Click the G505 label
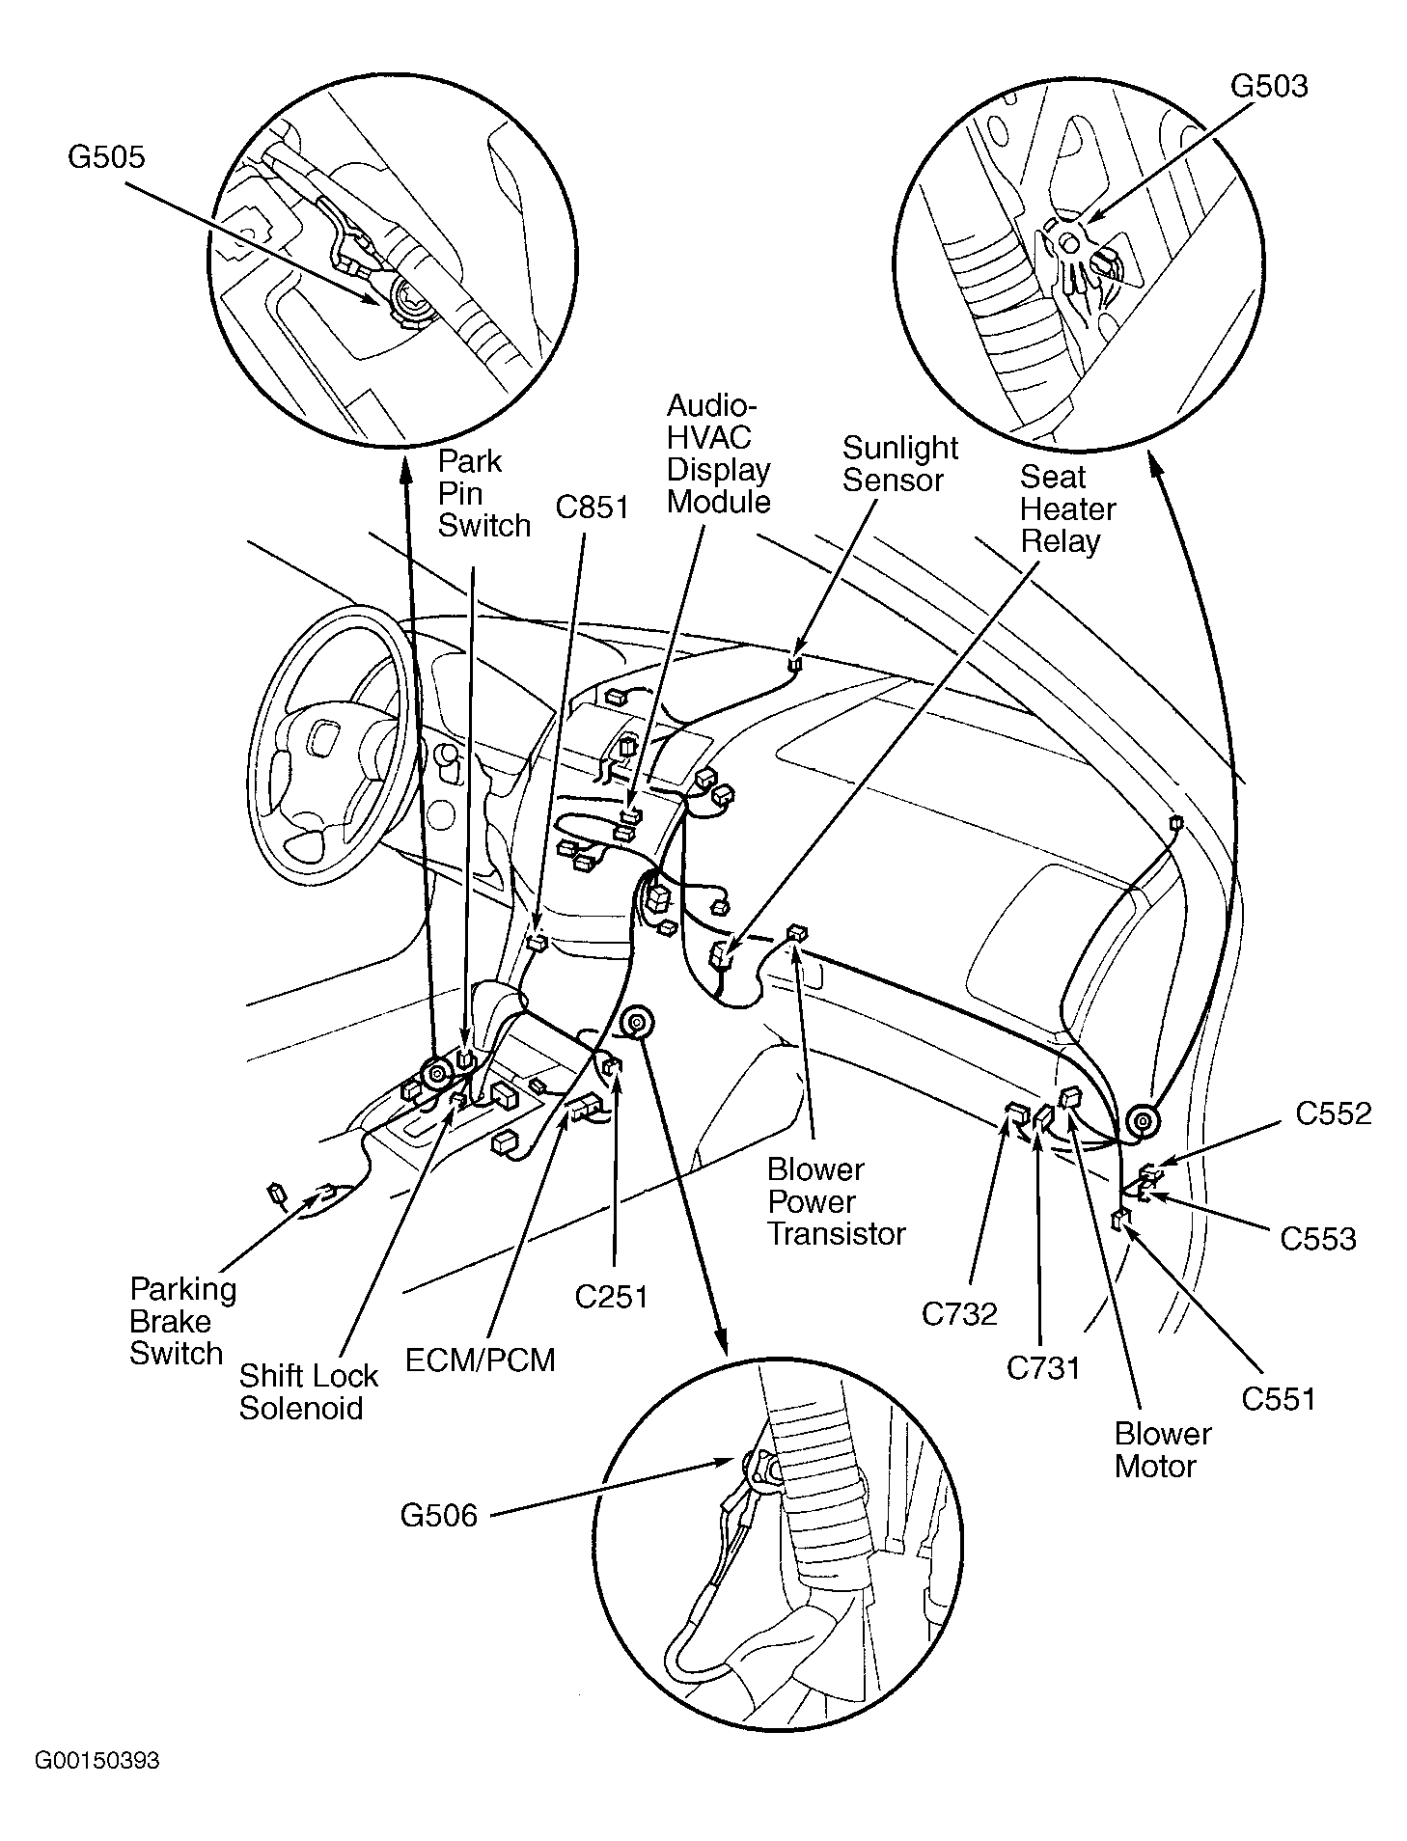click(106, 156)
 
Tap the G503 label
click(1269, 86)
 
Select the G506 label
click(438, 1515)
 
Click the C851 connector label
click(592, 508)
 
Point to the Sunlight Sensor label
click(899, 463)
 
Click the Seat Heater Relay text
click(1067, 508)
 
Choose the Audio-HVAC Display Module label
click(719, 453)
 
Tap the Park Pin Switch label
click(483, 493)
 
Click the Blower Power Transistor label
click(836, 1201)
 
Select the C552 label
click(1333, 1113)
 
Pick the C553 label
click(1317, 1239)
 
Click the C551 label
click(1278, 1398)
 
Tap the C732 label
click(958, 1313)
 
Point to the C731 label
click(1043, 1367)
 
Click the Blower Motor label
click(1162, 1449)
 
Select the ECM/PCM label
click(480, 1360)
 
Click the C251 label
click(611, 1297)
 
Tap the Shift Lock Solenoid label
click(308, 1391)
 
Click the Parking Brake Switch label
click(182, 1321)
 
